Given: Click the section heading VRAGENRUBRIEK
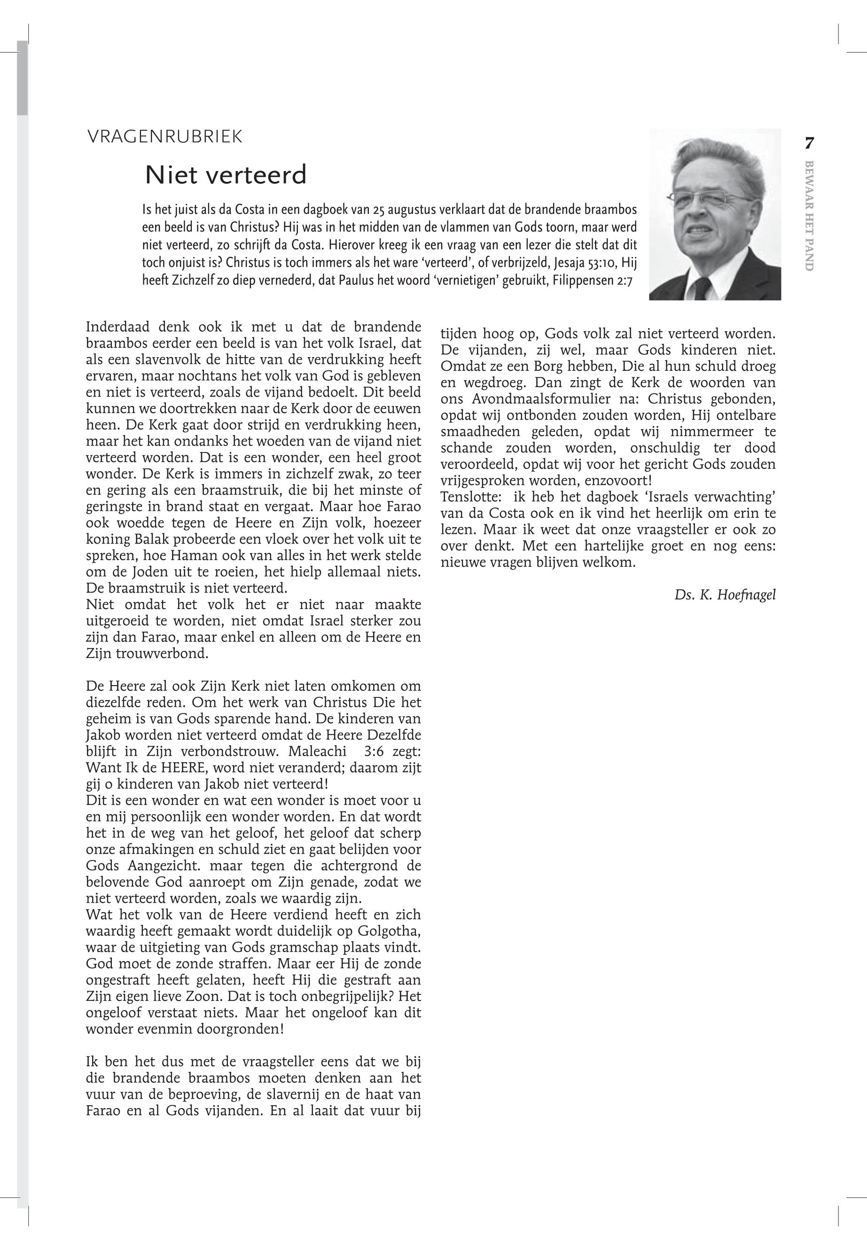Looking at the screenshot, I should (164, 137).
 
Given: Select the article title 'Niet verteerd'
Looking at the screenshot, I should (226, 175).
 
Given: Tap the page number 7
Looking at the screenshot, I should (809, 144).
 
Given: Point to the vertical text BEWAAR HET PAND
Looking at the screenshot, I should (809, 216).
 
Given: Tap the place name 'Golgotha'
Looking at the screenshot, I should (391, 932).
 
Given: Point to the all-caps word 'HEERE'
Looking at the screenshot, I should (153, 769).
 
